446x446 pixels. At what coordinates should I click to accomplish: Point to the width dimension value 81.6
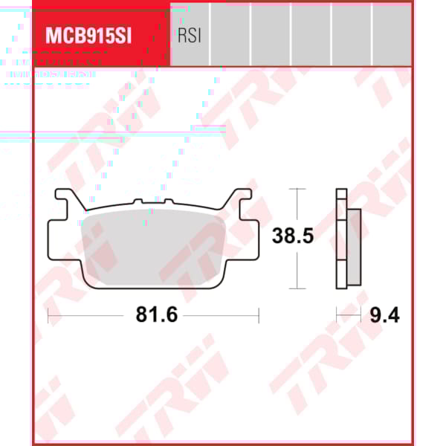tap(156, 315)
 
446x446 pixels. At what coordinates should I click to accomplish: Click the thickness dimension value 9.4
tap(384, 315)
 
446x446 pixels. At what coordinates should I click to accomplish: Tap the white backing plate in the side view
tap(341, 238)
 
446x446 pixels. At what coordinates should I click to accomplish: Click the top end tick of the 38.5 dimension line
tap(297, 189)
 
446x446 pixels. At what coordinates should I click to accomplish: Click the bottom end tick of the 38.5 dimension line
tap(297, 288)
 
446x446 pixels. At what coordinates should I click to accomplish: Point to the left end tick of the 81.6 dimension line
tap(48, 315)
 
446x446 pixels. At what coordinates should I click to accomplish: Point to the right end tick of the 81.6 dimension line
tap(258, 315)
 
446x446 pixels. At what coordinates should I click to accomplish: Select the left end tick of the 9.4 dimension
tap(337, 315)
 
